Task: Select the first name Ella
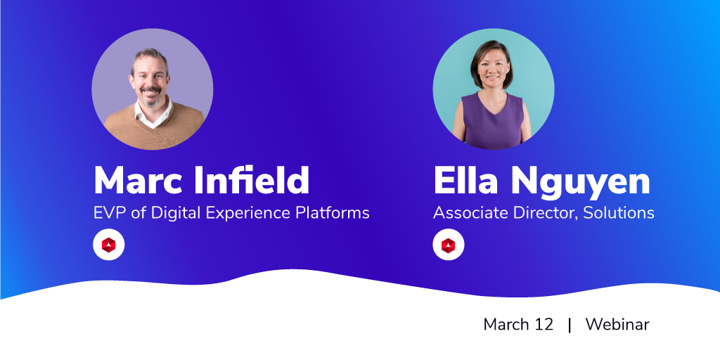pos(465,181)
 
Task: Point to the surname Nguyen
pos(580,184)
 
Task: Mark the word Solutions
pos(619,213)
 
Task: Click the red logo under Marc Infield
pos(109,245)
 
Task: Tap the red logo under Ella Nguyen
pos(449,245)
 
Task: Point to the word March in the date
pos(506,325)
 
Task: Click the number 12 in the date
pos(544,325)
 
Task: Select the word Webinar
pos(617,325)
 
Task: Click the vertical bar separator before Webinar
pos(570,325)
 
